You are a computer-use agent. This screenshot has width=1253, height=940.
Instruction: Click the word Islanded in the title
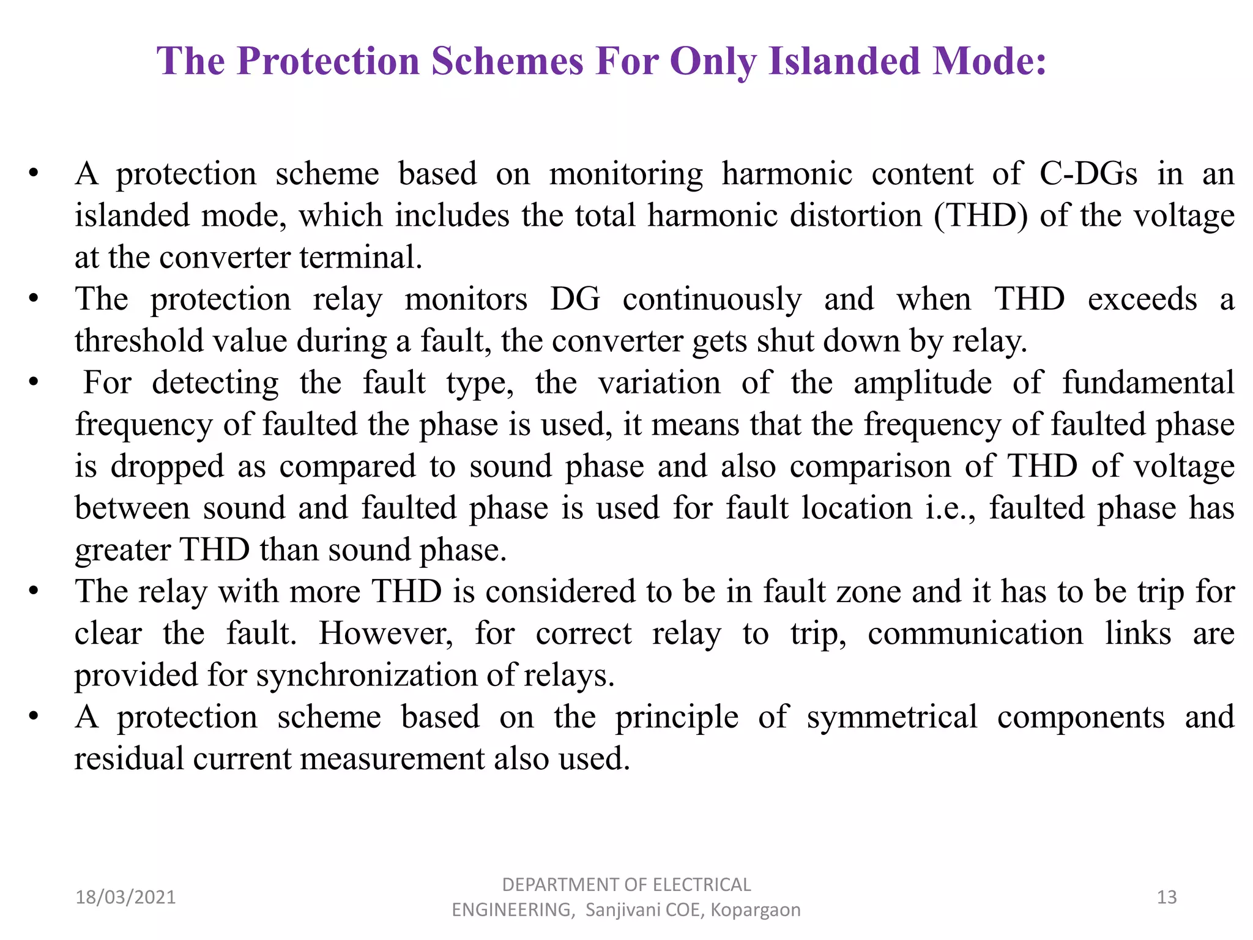click(845, 61)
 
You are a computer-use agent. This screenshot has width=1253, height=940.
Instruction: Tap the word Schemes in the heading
click(507, 61)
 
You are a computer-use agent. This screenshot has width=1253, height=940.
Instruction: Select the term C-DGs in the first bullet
click(1088, 174)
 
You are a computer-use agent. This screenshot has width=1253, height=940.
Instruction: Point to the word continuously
click(712, 299)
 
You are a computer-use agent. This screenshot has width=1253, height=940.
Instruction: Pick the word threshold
click(139, 341)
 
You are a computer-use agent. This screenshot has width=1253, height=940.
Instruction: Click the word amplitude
click(922, 383)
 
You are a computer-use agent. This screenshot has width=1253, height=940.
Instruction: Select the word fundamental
click(1148, 383)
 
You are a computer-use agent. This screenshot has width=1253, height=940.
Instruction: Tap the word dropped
click(167, 467)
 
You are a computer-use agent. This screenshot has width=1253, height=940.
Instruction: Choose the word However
click(386, 633)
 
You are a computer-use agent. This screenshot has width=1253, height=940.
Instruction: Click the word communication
click(975, 633)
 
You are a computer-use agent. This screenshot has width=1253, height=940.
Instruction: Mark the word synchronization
click(366, 676)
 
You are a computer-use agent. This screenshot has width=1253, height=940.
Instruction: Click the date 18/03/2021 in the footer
click(125, 897)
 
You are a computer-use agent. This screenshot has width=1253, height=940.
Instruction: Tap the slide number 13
click(1167, 897)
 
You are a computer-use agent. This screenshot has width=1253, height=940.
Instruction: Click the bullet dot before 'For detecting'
click(34, 383)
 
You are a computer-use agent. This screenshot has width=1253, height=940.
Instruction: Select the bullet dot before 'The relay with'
click(34, 592)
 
